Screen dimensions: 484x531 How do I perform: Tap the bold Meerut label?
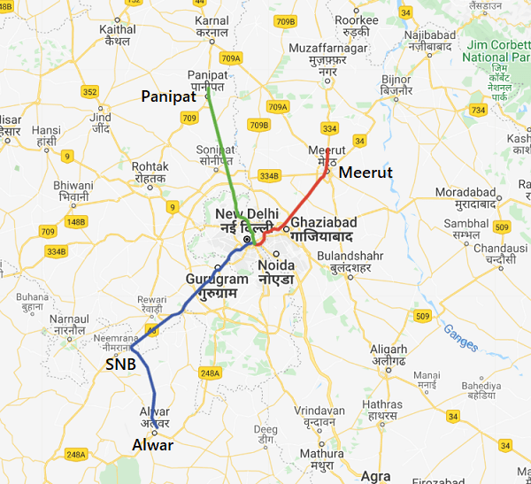coord(365,171)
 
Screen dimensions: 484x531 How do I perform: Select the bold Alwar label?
coord(153,445)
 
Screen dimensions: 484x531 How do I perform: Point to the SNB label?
coord(120,364)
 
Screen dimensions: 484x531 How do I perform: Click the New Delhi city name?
coord(247,215)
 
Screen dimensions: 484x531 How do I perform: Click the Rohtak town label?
coord(150,166)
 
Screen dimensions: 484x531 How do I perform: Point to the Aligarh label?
coord(388,349)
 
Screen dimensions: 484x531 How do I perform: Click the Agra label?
coord(375,476)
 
